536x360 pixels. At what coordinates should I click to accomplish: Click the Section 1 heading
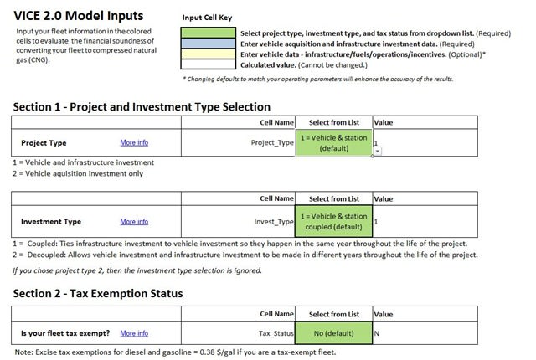[x=142, y=106]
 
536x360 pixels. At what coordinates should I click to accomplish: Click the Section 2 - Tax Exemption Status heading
[x=98, y=293]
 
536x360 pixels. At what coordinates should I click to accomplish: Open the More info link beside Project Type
[x=134, y=143]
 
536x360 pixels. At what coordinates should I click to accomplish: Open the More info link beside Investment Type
[x=134, y=222]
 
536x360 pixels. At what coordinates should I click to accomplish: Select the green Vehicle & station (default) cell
[x=332, y=142]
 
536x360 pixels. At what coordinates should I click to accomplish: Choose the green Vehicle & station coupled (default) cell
[x=332, y=221]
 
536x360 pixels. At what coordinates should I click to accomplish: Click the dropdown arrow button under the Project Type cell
[x=377, y=151]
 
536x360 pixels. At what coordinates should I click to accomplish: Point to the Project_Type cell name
[x=272, y=143]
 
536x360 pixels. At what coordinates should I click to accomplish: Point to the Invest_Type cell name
[x=274, y=222]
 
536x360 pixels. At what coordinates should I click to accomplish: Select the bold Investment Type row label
[x=51, y=222]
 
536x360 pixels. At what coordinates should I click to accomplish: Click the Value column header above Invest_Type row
[x=383, y=199]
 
